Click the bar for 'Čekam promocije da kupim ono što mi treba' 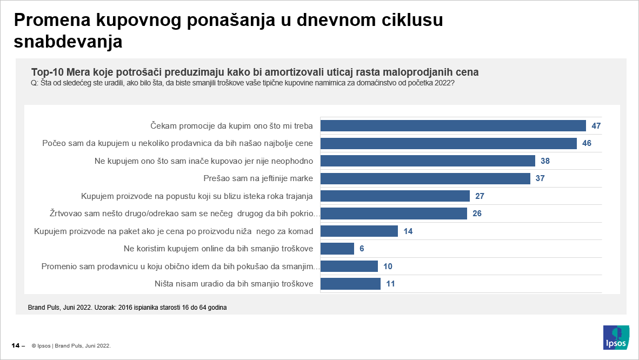(x=453, y=126)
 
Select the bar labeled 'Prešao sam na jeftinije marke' (x=425, y=178)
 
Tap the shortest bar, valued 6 (x=337, y=249)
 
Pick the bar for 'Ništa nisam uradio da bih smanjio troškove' (x=350, y=284)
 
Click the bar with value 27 (x=395, y=196)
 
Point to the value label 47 (x=596, y=126)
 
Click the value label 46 (x=587, y=143)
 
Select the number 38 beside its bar (x=545, y=161)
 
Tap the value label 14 (x=408, y=231)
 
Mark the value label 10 (x=387, y=266)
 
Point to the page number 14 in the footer (x=16, y=345)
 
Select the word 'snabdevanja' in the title (x=68, y=42)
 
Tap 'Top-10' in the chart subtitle (x=47, y=72)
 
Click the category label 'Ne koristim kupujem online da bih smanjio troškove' (x=218, y=249)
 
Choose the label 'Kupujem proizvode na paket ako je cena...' (x=174, y=231)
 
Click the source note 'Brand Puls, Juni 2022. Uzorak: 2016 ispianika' (x=127, y=308)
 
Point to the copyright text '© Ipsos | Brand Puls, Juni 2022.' (x=71, y=345)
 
